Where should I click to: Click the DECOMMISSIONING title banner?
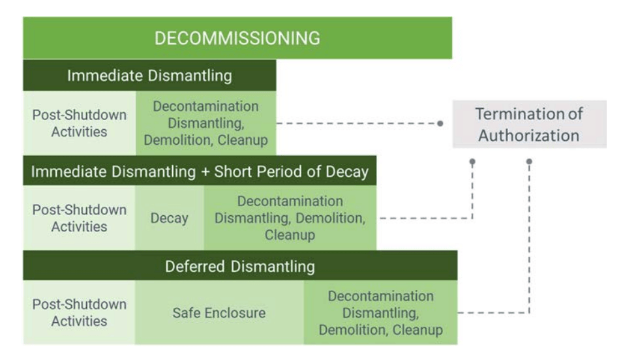[x=237, y=38]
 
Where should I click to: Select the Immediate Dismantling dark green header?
[x=149, y=76]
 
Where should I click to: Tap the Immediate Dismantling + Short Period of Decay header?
[x=200, y=172]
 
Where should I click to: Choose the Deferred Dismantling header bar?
[x=240, y=266]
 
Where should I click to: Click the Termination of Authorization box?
[x=529, y=124]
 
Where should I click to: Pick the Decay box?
[x=170, y=218]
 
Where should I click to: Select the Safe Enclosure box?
[x=219, y=312]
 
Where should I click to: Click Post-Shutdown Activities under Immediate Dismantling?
[x=80, y=123]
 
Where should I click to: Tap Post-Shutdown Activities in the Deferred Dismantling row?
[x=80, y=312]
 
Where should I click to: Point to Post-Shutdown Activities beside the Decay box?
[x=80, y=218]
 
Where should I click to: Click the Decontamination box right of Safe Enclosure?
[x=380, y=312]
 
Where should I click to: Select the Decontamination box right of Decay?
[x=290, y=218]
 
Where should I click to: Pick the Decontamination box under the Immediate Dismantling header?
[x=206, y=123]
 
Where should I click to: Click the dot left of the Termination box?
[x=440, y=123]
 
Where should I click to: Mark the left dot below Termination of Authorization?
[x=472, y=160]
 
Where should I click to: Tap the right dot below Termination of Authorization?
[x=529, y=160]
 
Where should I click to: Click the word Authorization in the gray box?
[x=529, y=135]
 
